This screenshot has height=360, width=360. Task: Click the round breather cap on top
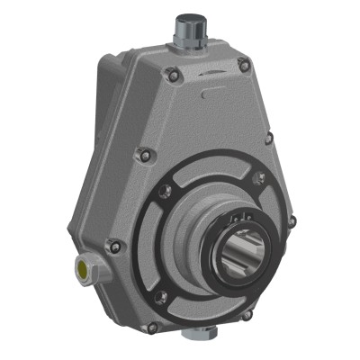(x=191, y=19)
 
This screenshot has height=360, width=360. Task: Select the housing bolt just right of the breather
(x=244, y=63)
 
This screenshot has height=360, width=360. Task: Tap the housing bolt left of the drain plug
(x=152, y=326)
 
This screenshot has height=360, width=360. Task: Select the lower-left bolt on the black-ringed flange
(x=161, y=298)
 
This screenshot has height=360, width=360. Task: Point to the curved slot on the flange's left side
(x=168, y=243)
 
